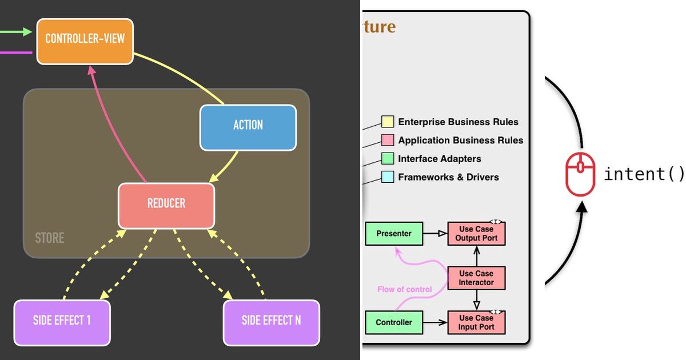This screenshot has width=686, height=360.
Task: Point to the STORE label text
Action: (50, 238)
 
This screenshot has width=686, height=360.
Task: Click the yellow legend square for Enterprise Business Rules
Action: (388, 122)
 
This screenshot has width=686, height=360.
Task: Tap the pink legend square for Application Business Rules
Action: (388, 140)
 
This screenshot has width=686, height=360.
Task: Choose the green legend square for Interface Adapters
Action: (388, 158)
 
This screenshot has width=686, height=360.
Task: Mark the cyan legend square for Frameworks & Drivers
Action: (388, 177)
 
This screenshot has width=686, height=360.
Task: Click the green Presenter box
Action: (394, 234)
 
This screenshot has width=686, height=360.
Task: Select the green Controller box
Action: (394, 322)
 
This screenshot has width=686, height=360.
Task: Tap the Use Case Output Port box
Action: (476, 234)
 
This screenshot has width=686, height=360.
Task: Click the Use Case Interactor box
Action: (476, 278)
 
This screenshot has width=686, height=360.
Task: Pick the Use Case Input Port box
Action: (476, 322)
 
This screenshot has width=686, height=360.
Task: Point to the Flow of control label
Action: (405, 290)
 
